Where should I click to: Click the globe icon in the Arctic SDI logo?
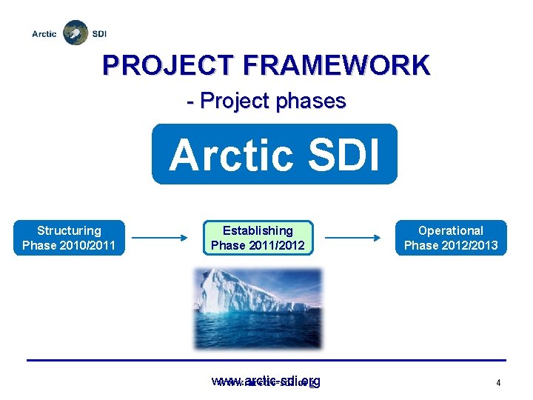coord(74,33)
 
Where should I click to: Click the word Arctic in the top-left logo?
coord(44,34)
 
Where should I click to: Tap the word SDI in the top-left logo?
coord(99,34)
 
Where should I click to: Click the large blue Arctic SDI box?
coord(274,154)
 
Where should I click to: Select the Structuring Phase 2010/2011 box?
coord(69,238)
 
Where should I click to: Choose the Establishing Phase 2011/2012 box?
coord(258,238)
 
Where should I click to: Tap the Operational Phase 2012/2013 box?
coord(451,238)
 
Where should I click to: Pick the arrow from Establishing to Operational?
coord(352,238)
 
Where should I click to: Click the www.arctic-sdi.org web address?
coord(266,381)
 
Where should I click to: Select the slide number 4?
coord(499,383)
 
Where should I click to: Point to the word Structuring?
coord(69,230)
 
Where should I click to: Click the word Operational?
coord(451,230)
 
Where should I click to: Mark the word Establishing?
coord(258,230)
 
